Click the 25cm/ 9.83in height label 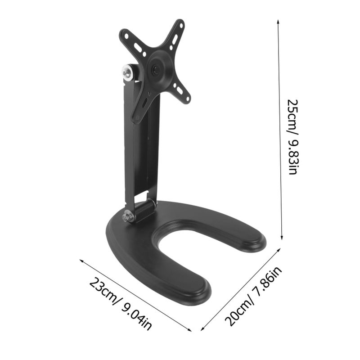click(293, 137)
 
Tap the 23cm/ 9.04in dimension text click(120, 303)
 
